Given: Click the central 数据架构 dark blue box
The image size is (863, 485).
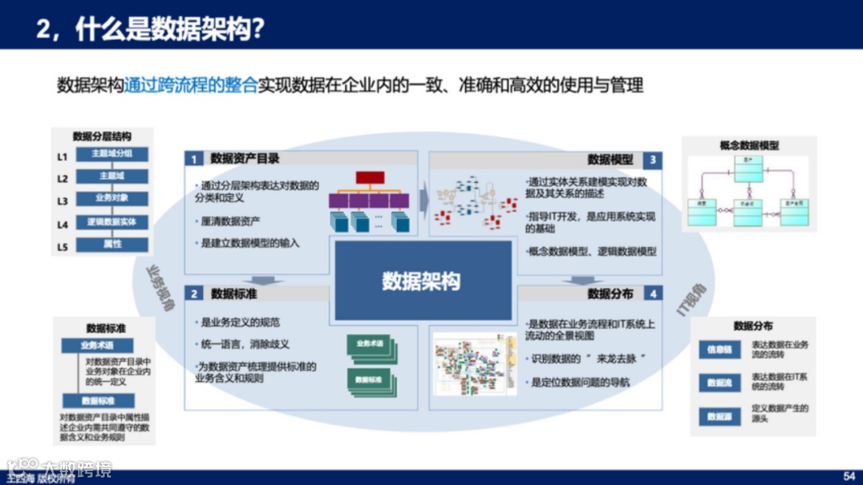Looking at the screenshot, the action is pyautogui.click(x=422, y=280).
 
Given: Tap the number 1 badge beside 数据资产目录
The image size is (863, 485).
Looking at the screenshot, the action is pyautogui.click(x=193, y=159).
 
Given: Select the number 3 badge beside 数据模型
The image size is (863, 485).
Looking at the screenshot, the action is pyautogui.click(x=653, y=160).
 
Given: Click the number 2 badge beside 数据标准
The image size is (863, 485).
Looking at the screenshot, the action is pyautogui.click(x=193, y=294).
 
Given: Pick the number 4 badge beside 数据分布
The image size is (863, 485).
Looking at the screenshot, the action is pyautogui.click(x=653, y=294).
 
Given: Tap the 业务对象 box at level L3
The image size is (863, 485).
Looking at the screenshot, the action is pyautogui.click(x=112, y=198).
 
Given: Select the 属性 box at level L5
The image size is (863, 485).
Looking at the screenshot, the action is pyautogui.click(x=112, y=244).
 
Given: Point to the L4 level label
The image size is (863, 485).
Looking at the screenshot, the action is pyautogui.click(x=62, y=225).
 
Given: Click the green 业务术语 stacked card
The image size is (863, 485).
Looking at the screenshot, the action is pyautogui.click(x=370, y=344).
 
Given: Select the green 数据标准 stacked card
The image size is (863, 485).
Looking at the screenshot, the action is pyautogui.click(x=370, y=379).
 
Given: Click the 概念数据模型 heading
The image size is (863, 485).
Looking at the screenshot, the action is pyautogui.click(x=749, y=145).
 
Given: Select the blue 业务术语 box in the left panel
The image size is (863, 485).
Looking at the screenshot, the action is pyautogui.click(x=97, y=346).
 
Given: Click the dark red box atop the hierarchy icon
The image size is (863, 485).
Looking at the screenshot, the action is pyautogui.click(x=370, y=177).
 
